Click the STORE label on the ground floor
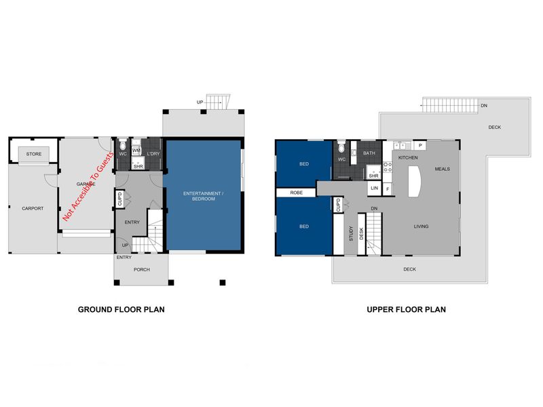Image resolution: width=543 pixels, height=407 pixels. (x=33, y=154)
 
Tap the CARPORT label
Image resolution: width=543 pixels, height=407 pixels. (x=33, y=208)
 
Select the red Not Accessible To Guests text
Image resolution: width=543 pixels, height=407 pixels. (x=88, y=186)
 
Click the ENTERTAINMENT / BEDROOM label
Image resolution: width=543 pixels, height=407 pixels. (x=203, y=196)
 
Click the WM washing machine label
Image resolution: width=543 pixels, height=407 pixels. (x=136, y=151)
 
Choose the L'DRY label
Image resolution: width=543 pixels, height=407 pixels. (x=153, y=154)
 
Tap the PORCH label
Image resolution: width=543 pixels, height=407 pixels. (x=142, y=269)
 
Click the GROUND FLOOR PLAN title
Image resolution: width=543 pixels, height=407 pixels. (x=121, y=309)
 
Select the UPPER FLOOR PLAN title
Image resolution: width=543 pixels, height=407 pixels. (x=406, y=309)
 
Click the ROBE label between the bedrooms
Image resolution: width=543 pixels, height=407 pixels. (x=297, y=193)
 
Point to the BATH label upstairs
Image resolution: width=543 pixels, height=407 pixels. (x=369, y=153)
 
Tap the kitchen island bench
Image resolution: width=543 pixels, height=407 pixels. (x=415, y=181)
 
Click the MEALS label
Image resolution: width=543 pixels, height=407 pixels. (x=443, y=169)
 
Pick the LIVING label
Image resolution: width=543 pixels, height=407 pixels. (x=421, y=227)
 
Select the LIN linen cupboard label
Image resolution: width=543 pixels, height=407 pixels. (x=375, y=189)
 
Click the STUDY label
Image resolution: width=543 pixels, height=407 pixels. (x=351, y=233)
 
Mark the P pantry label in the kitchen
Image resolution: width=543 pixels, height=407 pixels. (x=420, y=145)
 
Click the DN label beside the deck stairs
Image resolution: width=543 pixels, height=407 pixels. (x=484, y=106)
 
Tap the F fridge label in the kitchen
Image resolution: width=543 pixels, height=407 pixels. (x=388, y=189)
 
